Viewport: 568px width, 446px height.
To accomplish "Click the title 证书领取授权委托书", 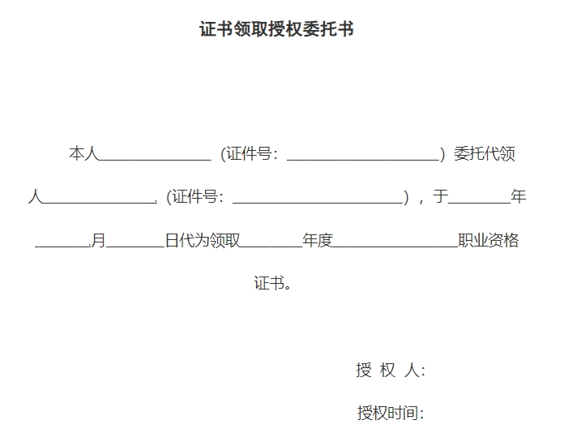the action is (x=276, y=29).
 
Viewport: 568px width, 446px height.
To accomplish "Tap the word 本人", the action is (x=84, y=153).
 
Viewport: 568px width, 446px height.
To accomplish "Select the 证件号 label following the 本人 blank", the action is (x=250, y=153).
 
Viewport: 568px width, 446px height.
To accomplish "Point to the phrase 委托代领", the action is (x=485, y=153).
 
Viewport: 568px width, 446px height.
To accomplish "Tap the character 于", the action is (x=441, y=196).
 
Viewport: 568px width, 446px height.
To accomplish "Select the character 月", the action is (x=98, y=240).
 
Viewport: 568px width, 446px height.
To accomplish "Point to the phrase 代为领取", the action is (x=203, y=240).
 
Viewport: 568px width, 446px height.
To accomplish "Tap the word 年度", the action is (x=318, y=240).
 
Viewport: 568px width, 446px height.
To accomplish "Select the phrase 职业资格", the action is (x=489, y=240).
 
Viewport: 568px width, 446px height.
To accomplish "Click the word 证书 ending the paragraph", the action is (x=269, y=283).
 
